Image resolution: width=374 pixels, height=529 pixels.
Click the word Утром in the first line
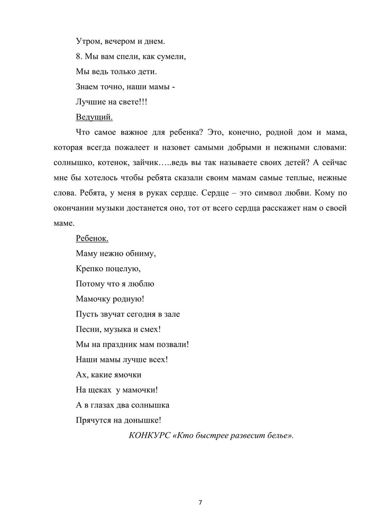pyautogui.click(x=88, y=40)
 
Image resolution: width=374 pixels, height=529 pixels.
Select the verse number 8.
pyautogui.click(x=79, y=56)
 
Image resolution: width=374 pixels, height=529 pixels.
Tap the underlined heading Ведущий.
pyautogui.click(x=94, y=116)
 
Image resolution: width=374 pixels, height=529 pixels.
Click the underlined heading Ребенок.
pyautogui.click(x=92, y=238)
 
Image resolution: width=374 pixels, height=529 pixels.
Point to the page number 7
pyautogui.click(x=200, y=502)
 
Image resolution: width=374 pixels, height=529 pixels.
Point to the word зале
pyautogui.click(x=171, y=314)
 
